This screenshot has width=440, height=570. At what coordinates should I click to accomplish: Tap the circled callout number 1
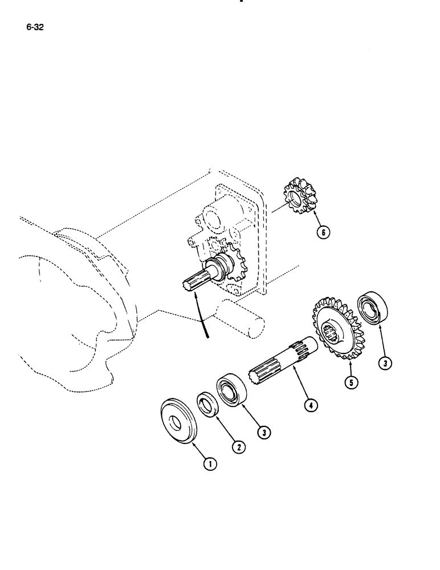click(x=211, y=465)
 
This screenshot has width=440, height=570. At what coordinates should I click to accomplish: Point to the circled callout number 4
click(x=311, y=405)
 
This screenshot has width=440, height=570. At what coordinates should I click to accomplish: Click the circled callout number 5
click(x=351, y=382)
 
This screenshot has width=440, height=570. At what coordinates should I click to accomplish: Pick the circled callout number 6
click(x=324, y=232)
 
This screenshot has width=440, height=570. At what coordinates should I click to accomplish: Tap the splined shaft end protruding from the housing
click(x=194, y=283)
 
